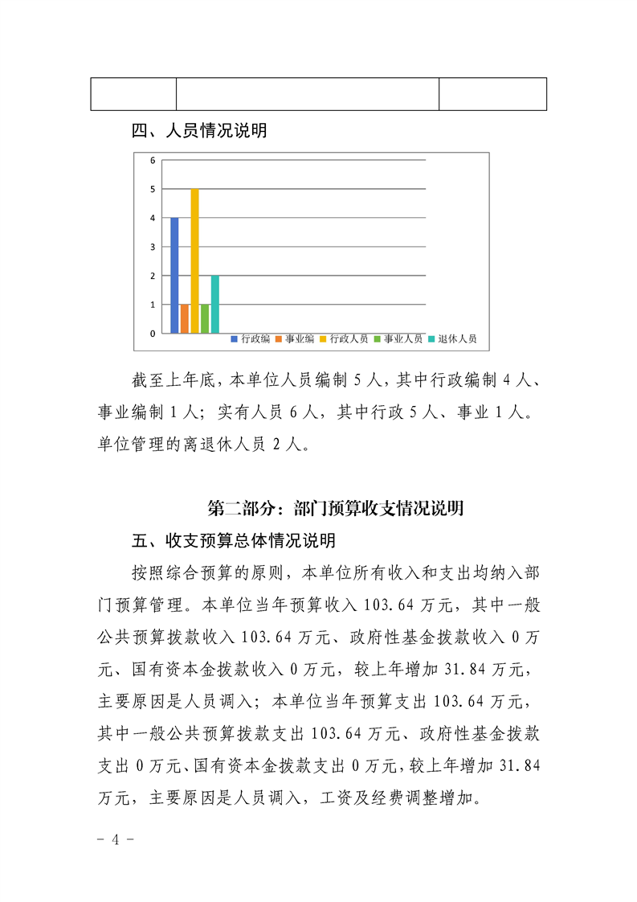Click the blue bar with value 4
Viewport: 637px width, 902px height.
pos(174,275)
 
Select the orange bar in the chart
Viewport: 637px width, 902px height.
pos(185,318)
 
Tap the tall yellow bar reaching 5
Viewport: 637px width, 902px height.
pos(194,260)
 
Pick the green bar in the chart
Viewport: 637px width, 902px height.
pos(205,318)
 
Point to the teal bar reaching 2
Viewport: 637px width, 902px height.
pos(214,304)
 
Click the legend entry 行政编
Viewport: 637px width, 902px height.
pos(251,339)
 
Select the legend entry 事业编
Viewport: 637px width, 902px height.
pos(295,339)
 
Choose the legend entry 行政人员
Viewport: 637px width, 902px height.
pos(344,339)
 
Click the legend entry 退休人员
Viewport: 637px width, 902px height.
pos(453,339)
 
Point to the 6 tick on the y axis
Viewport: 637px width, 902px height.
pos(153,160)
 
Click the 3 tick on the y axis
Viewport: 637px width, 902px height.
pos(153,247)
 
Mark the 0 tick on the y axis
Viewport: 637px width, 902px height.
pos(153,333)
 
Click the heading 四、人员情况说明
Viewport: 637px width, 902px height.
pos(199,131)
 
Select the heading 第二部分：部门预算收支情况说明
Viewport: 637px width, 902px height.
pos(336,508)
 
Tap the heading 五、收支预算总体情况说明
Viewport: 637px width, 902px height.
pos(233,539)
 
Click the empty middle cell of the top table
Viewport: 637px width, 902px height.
pos(308,94)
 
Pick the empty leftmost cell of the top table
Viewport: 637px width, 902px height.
pos(133,94)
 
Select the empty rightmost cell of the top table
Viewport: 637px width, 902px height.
pos(492,94)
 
